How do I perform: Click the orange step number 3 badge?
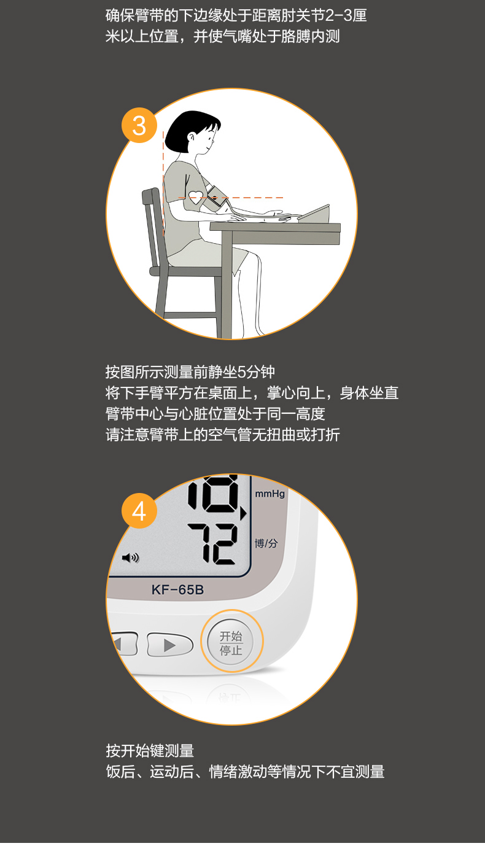[x=139, y=125]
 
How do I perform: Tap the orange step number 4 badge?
[x=139, y=511]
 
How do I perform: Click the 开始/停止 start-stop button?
[x=231, y=642]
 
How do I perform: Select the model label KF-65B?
[x=177, y=589]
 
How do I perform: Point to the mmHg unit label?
[x=270, y=494]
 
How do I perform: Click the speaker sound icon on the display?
[x=130, y=557]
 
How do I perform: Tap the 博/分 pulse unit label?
[x=266, y=543]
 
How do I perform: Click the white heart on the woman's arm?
[x=196, y=197]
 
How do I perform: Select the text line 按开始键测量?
[x=150, y=751]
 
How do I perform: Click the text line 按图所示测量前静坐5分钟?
[x=190, y=372]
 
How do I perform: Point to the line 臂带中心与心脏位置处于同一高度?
[x=215, y=414]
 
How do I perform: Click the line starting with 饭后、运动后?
[x=245, y=772]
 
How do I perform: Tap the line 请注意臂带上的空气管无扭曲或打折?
[x=223, y=435]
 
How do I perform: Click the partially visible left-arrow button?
[x=125, y=643]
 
